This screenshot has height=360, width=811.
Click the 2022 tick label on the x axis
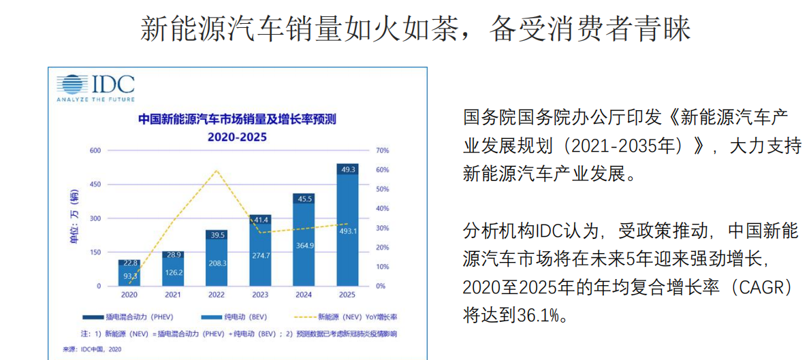click(x=217, y=295)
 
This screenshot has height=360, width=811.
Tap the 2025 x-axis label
click(x=347, y=295)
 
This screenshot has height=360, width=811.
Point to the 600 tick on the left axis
click(x=95, y=150)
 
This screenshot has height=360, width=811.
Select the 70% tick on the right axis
click(x=382, y=150)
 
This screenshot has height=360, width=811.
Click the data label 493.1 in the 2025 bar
click(x=348, y=231)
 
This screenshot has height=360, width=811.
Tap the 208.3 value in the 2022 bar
click(x=217, y=263)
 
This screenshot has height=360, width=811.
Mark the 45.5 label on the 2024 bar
click(x=304, y=199)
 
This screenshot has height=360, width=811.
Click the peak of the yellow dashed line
click(x=217, y=170)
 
